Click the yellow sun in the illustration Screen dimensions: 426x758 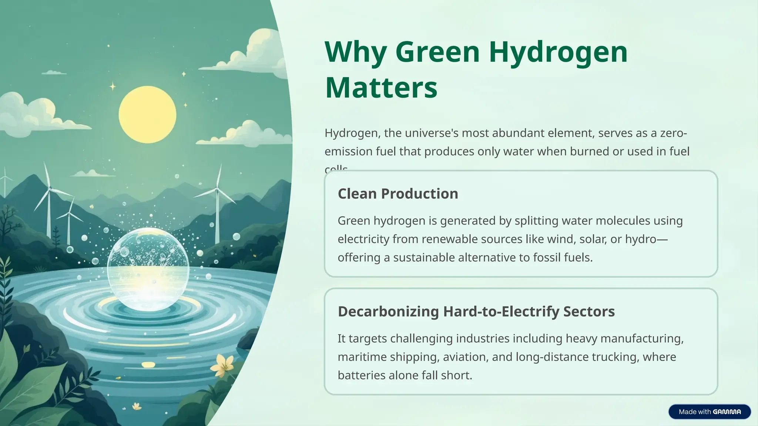147,115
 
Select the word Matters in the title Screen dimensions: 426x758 381,88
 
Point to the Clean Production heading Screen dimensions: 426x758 398,194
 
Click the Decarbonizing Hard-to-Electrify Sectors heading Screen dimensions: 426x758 476,311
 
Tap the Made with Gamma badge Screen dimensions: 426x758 710,412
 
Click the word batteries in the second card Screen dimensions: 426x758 359,375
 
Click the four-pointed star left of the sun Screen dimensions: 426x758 113,87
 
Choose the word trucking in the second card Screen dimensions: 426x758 615,357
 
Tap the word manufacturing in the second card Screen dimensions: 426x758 642,338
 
